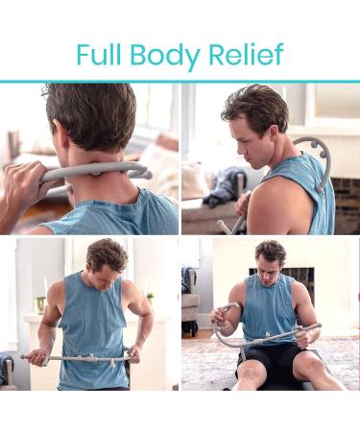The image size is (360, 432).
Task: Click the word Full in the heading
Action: pyautogui.click(x=104, y=54)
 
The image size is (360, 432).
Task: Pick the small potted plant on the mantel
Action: pyautogui.click(x=149, y=297)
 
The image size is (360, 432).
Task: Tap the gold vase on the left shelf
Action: pyautogui.click(x=39, y=304)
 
